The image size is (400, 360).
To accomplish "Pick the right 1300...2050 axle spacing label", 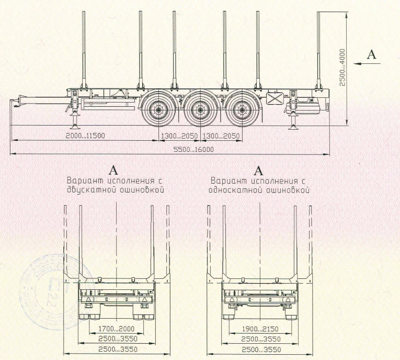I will point(221,136).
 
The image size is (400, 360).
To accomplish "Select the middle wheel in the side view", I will point(199,110).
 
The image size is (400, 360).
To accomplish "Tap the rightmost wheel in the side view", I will point(241,110).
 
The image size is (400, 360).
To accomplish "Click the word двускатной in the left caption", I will point(89,189).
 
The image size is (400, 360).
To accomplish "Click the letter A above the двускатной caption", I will point(112,170).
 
